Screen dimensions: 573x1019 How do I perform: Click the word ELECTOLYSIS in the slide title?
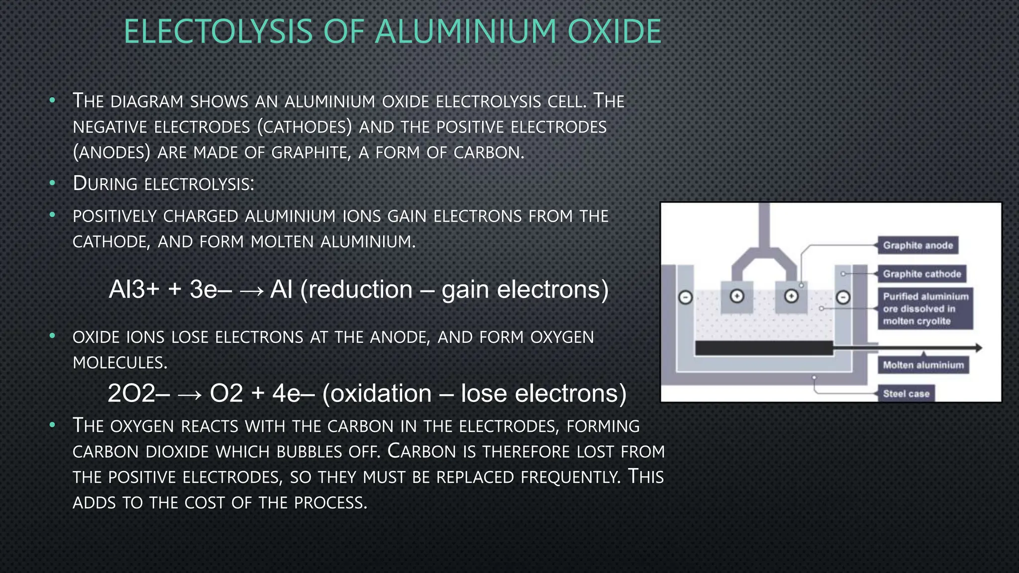(x=218, y=31)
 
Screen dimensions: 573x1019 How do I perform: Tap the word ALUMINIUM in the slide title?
(x=466, y=31)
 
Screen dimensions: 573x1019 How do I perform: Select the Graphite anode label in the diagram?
(x=917, y=245)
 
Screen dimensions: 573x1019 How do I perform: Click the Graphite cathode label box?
(x=921, y=274)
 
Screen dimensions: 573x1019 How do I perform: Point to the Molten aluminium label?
(x=923, y=365)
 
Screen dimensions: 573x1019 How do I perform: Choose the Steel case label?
(x=906, y=394)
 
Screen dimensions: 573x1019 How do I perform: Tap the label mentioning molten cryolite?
(x=925, y=309)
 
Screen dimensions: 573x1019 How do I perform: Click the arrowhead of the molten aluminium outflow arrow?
(x=978, y=348)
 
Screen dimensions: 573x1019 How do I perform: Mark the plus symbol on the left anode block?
(x=737, y=296)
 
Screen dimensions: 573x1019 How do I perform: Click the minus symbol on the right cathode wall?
(x=843, y=297)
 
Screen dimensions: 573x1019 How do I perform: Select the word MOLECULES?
(x=120, y=363)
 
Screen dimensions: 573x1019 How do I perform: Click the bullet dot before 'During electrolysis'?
(x=52, y=184)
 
